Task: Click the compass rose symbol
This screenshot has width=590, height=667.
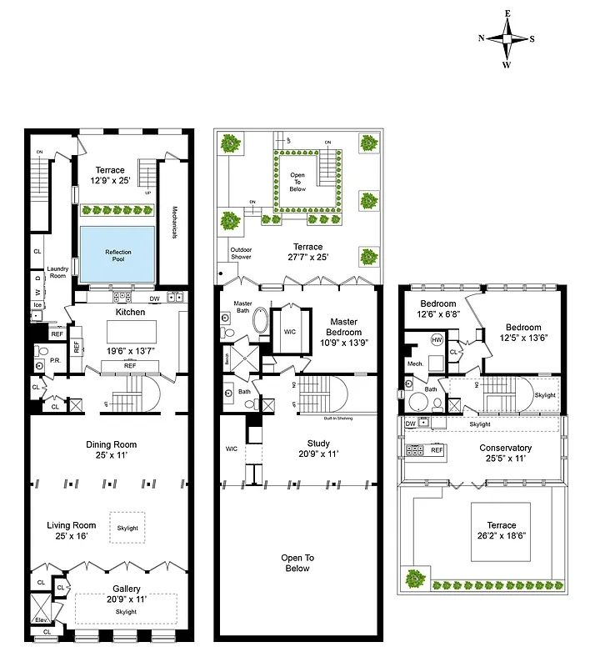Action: [x=507, y=38]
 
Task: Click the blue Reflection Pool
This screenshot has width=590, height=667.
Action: [x=117, y=253]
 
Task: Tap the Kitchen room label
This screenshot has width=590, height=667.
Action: [x=130, y=312]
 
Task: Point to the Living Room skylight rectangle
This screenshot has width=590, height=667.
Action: [x=127, y=528]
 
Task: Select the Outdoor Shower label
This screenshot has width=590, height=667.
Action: [x=241, y=252]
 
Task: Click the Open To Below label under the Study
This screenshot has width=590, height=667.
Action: [x=297, y=563]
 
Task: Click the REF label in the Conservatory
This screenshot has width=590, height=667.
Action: [x=437, y=450]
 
